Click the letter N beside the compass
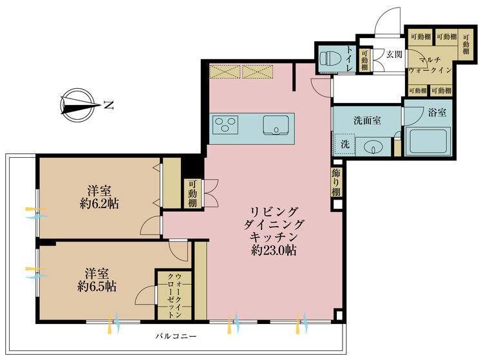coord(109,103)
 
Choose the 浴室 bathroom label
coord(438,113)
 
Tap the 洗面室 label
coord(366,120)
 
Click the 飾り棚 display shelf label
coord(336,182)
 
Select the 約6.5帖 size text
coord(97,285)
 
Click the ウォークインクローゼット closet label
coord(173,294)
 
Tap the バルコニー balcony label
coord(175,336)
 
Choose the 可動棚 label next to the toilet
coord(365,61)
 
